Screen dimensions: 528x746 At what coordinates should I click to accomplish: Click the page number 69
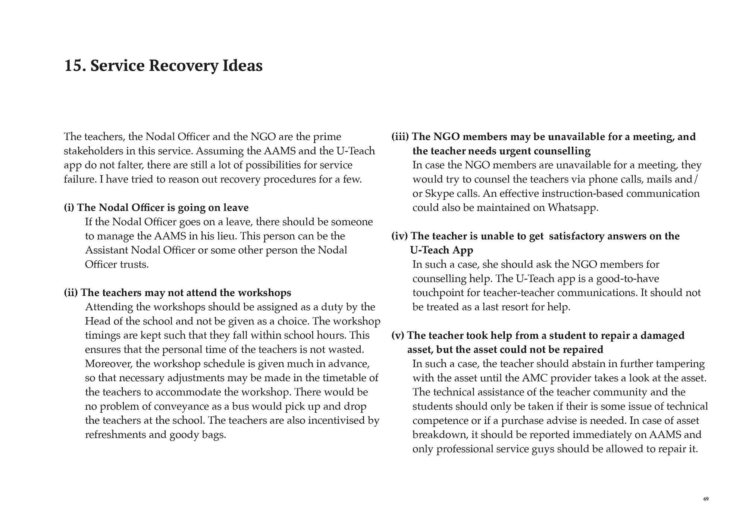pyautogui.click(x=706, y=499)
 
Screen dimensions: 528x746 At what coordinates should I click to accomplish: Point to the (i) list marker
pyautogui.click(x=69, y=208)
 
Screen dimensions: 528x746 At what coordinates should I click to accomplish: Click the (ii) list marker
pyautogui.click(x=71, y=293)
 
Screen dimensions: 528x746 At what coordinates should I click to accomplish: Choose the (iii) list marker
pyautogui.click(x=400, y=137)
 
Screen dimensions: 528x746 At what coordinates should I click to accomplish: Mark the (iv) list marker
pyautogui.click(x=399, y=236)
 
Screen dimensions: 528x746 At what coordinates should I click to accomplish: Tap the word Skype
pyautogui.click(x=438, y=193)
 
